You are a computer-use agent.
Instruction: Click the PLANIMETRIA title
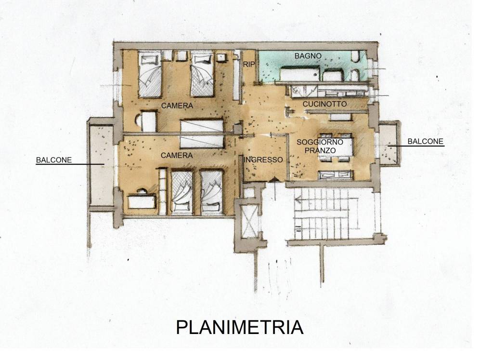click(x=240, y=327)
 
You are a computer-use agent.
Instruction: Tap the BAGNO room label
click(x=308, y=56)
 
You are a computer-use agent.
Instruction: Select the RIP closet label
click(x=249, y=65)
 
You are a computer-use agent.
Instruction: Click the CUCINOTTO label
click(x=324, y=104)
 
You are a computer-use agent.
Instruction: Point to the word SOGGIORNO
click(x=320, y=142)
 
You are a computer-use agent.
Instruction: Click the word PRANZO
click(x=320, y=150)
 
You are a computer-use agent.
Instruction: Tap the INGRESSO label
click(x=263, y=160)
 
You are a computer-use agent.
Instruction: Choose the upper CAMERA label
click(x=177, y=106)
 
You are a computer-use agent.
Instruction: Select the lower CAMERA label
click(x=176, y=155)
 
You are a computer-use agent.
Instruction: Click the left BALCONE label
click(x=54, y=160)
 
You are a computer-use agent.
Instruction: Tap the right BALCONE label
click(x=425, y=141)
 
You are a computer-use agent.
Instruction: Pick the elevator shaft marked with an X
click(x=249, y=221)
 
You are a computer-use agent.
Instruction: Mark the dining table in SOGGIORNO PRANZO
click(x=336, y=147)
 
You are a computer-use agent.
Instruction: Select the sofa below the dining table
click(x=336, y=175)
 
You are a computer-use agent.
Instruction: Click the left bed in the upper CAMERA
click(x=150, y=75)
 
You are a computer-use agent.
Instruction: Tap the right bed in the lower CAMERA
click(x=211, y=192)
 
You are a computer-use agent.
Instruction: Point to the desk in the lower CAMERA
click(x=142, y=201)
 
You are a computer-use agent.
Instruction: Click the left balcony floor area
click(x=101, y=165)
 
